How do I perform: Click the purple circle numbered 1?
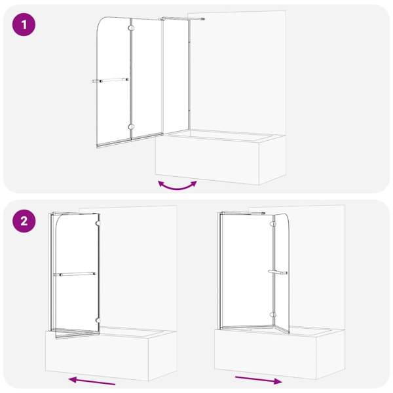tap(24, 25)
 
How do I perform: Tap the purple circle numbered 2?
tap(24, 221)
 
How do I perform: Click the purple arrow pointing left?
tap(92, 381)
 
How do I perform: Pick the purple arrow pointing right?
tap(259, 380)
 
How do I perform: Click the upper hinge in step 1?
tap(131, 28)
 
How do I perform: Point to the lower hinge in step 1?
tap(131, 127)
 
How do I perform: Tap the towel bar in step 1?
tap(110, 80)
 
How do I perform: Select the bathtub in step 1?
tap(221, 157)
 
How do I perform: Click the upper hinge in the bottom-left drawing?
tap(98, 223)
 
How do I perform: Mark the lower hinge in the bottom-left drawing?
tap(98, 320)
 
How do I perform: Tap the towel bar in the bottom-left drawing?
tap(75, 274)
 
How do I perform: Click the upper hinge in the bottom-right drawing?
tap(272, 224)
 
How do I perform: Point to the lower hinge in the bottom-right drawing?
tap(272, 315)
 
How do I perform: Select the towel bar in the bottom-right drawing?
tap(278, 272)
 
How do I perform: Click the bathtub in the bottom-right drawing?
tap(280, 352)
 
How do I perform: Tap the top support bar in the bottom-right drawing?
tap(242, 214)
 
